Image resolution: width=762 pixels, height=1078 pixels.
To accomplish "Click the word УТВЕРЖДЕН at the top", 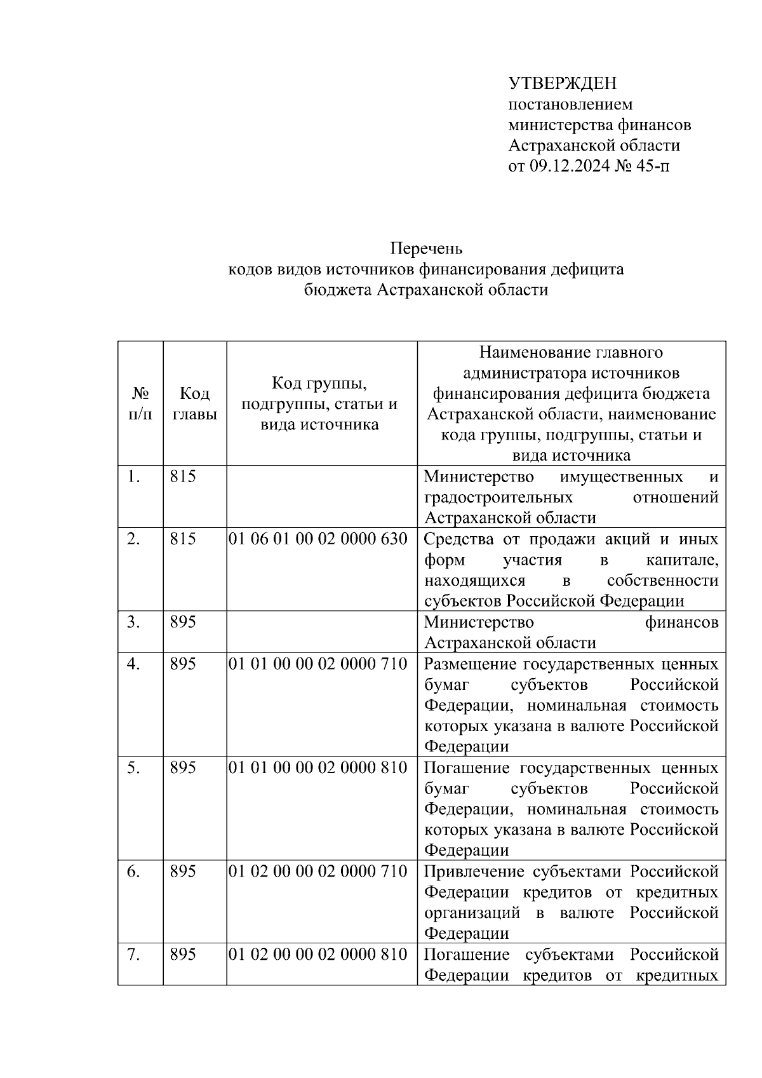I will (562, 83).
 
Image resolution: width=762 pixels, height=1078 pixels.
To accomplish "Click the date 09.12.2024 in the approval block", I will (569, 167).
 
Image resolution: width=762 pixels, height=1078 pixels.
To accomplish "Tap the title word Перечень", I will (426, 247).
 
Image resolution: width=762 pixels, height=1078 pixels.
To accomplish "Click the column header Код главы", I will (194, 403).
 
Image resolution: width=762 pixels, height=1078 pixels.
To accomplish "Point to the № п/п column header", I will (140, 403).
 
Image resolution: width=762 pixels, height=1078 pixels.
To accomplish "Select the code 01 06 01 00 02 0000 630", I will (317, 539).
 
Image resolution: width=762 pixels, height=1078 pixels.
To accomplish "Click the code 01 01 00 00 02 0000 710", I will (317, 664).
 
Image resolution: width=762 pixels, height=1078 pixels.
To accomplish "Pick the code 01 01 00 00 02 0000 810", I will (317, 768).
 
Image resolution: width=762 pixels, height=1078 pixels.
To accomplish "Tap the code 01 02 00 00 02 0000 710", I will (317, 872).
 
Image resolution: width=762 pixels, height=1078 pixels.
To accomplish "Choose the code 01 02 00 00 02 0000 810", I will (317, 954).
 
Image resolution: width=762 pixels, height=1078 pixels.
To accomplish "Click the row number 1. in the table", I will (133, 476).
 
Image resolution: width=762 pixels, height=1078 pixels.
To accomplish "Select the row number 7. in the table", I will (133, 954).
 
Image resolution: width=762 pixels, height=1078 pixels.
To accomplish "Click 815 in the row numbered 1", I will (183, 476).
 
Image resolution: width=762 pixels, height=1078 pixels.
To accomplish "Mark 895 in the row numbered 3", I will (183, 622).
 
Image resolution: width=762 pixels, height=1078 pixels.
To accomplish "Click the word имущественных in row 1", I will (622, 476).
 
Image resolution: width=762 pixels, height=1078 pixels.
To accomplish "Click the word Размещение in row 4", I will (469, 664).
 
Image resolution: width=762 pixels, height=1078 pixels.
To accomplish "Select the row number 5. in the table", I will (133, 768).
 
